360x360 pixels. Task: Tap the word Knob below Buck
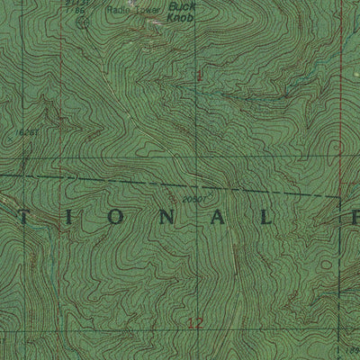184,16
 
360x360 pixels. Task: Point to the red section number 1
199,77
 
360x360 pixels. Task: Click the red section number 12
196,321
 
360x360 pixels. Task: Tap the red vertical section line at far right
341,108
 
